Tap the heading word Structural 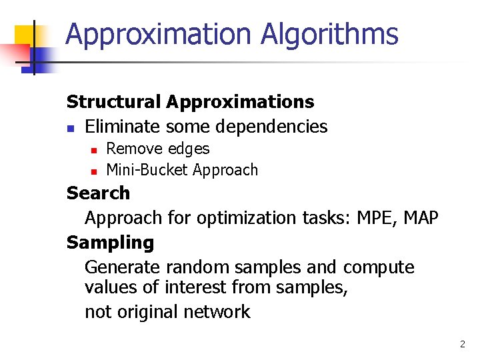click(113, 102)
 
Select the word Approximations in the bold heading click(241, 102)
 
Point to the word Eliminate click(123, 126)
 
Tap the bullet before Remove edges click(94, 150)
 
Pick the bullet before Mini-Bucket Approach click(94, 171)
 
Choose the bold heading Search click(98, 193)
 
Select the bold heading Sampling click(110, 243)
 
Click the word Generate click(123, 267)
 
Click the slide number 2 click(462, 345)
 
